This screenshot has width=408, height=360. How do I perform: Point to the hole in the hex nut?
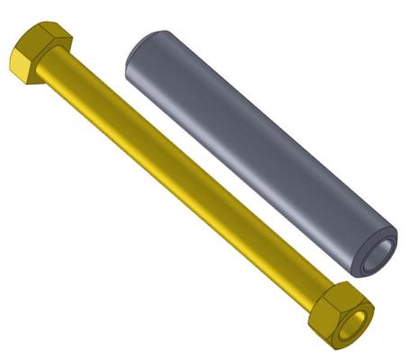tap(361, 319)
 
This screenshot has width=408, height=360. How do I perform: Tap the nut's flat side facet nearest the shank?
tap(320, 311)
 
